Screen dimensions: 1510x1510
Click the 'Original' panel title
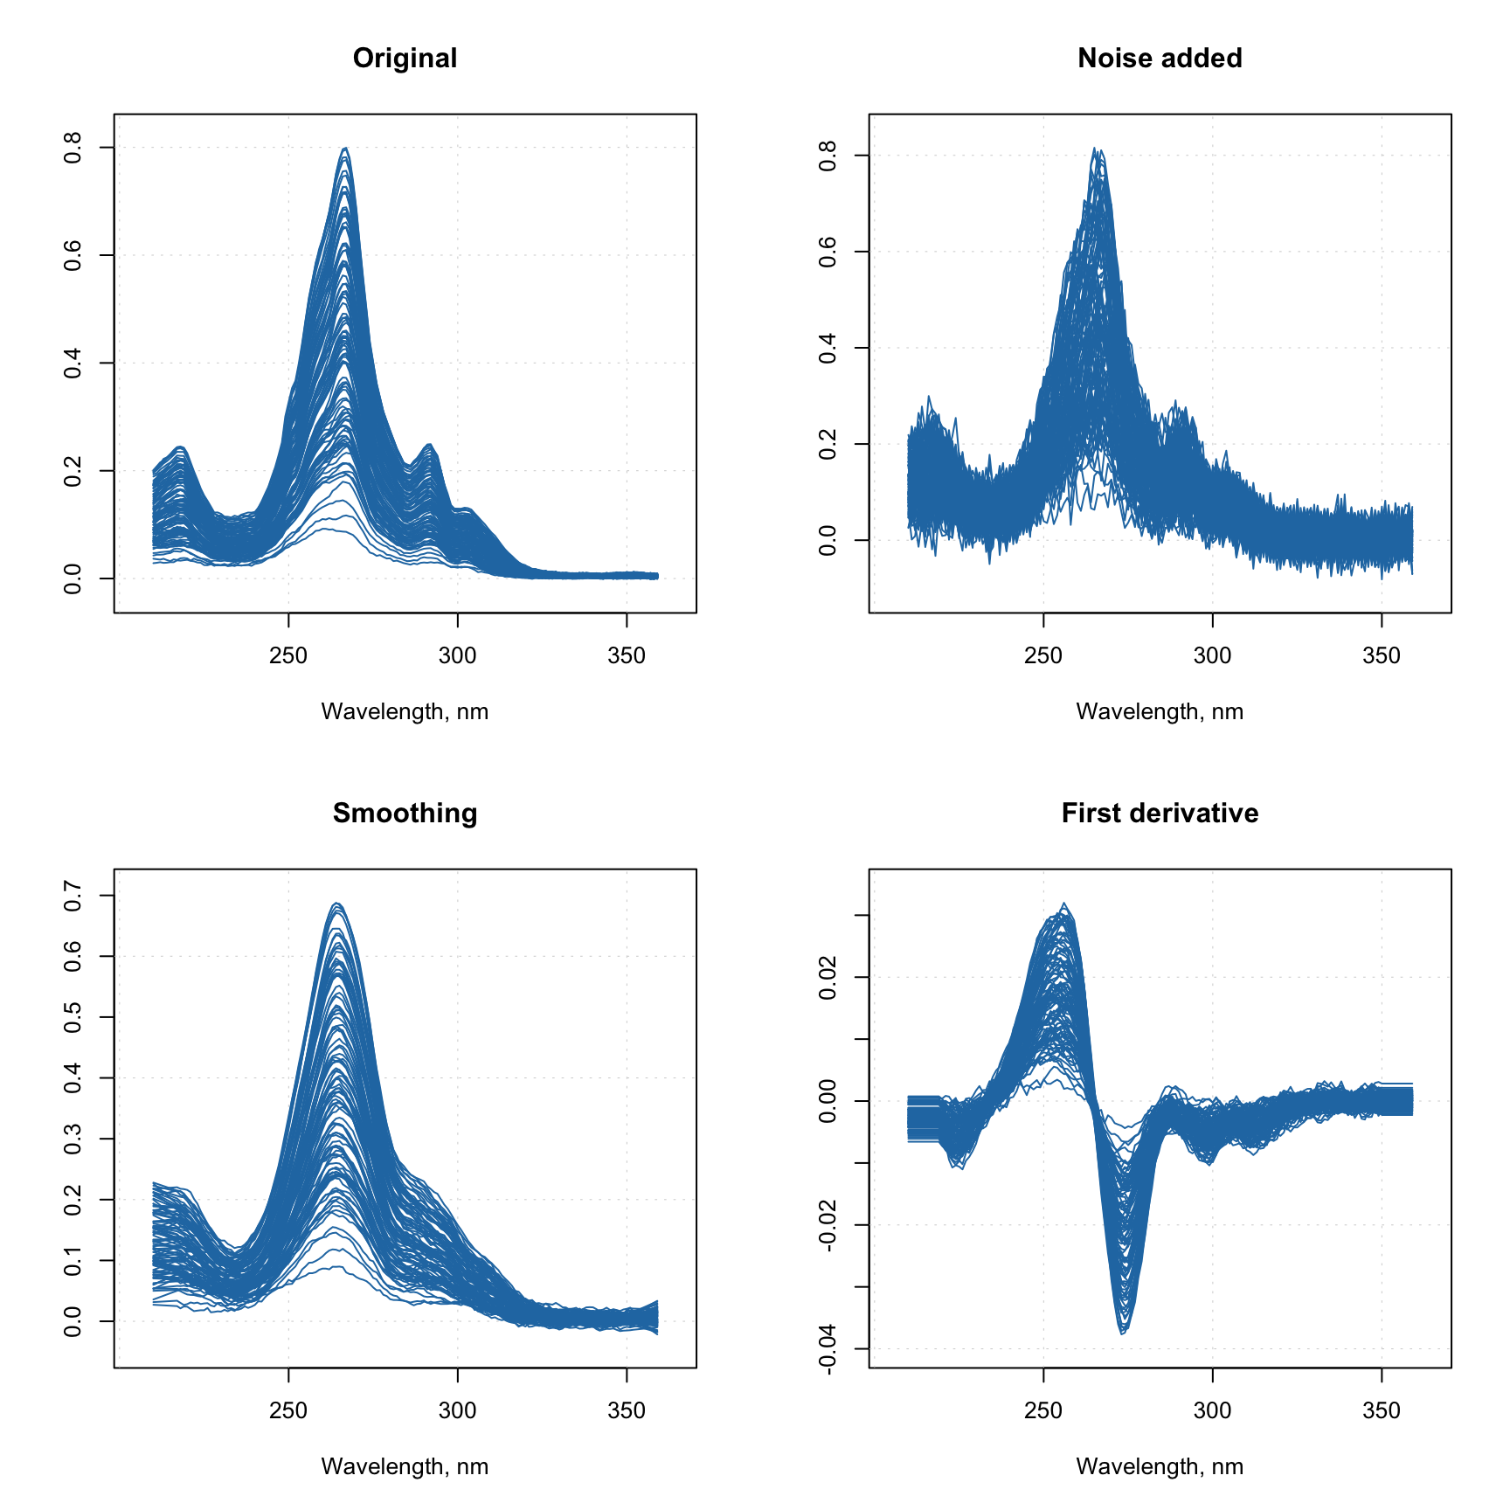[x=405, y=59]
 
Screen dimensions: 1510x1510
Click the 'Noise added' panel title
[x=1160, y=59]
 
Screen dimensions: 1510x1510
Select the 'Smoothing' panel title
[x=405, y=814]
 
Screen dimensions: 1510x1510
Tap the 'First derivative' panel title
[x=1160, y=814]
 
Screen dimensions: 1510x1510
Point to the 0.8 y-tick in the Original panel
[x=73, y=148]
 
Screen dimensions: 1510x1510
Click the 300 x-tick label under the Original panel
[x=457, y=656]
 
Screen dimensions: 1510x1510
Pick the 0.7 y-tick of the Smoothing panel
[x=73, y=896]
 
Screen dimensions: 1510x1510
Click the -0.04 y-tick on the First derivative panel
[x=828, y=1349]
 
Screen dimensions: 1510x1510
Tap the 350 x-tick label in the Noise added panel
[x=1381, y=656]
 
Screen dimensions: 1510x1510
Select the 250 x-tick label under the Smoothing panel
[x=288, y=1411]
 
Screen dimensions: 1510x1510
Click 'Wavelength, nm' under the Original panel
[x=405, y=712]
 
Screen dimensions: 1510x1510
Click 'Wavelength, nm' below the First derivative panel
[x=1160, y=1467]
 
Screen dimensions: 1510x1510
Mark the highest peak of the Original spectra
[x=346, y=149]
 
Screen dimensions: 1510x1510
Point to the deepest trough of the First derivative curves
[x=1124, y=1333]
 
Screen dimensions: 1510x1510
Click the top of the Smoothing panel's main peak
[x=337, y=904]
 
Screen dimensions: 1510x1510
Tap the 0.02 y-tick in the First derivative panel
[x=828, y=977]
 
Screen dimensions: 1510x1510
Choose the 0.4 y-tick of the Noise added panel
[x=828, y=348]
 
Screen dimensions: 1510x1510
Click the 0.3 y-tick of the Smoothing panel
[x=73, y=1139]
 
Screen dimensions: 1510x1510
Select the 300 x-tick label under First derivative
[x=1212, y=1411]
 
